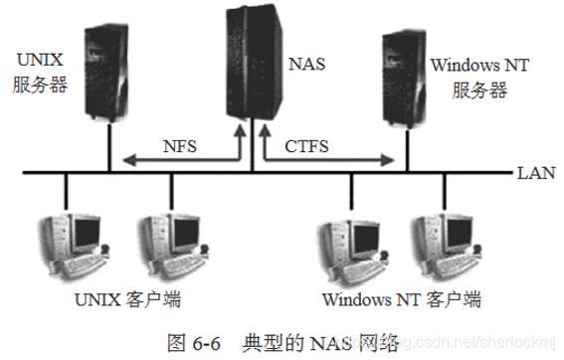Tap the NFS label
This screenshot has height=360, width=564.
coord(180,146)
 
